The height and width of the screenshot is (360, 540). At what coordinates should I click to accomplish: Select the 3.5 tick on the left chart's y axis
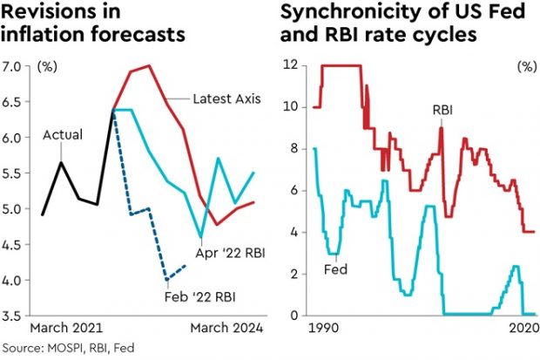pyautogui.click(x=15, y=316)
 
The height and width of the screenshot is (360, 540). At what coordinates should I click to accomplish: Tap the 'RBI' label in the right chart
pyautogui.click(x=443, y=111)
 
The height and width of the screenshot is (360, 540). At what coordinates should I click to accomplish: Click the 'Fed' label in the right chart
pyautogui.click(x=335, y=269)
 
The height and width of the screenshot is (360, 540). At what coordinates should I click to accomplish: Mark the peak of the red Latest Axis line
pyautogui.click(x=150, y=65)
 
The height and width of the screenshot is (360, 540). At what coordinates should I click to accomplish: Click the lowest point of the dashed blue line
pyautogui.click(x=166, y=279)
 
